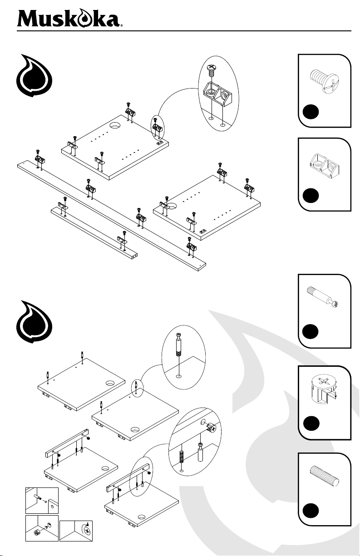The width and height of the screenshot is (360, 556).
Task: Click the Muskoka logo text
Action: (69, 18)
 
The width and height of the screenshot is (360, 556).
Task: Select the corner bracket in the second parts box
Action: (325, 165)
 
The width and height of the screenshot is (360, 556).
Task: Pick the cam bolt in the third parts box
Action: (323, 297)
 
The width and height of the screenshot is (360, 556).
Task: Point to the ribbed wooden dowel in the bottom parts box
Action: (325, 475)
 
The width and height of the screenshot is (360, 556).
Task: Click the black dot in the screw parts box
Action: (311, 112)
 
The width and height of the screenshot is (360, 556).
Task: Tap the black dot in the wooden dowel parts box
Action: (311, 511)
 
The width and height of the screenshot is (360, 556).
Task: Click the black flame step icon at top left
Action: (34, 75)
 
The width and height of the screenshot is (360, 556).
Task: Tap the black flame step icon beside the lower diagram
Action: (34, 322)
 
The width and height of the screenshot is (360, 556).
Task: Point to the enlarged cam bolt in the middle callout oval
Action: (179, 344)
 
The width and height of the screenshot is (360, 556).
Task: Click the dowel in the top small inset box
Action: (38, 496)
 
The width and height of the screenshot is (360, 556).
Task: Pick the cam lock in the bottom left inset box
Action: (37, 532)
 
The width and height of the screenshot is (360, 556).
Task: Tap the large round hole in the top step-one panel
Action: (114, 126)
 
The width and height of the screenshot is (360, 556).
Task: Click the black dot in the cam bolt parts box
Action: (311, 332)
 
